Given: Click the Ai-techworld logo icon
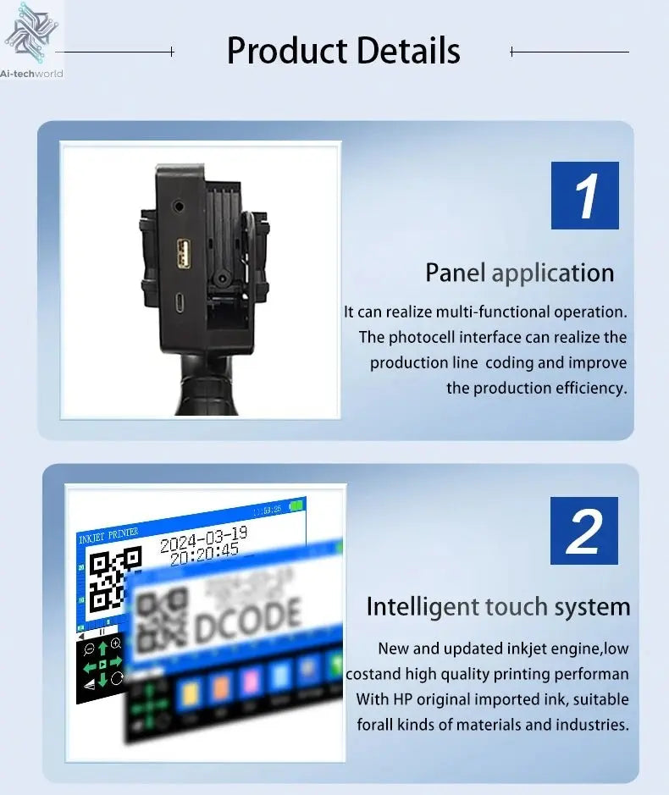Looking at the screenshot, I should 32,32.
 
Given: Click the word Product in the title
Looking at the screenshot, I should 285,51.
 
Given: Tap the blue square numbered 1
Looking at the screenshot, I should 584,195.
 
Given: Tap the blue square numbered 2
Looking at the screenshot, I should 583,531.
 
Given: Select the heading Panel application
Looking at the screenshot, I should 519,273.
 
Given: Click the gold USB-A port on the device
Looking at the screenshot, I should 184,252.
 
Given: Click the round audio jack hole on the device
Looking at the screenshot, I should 178,205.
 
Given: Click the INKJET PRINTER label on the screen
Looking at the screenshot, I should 108,538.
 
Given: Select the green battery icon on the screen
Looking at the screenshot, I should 296,506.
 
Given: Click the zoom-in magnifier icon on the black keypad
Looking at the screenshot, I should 116,644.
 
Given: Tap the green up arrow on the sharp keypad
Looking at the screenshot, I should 102,648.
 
